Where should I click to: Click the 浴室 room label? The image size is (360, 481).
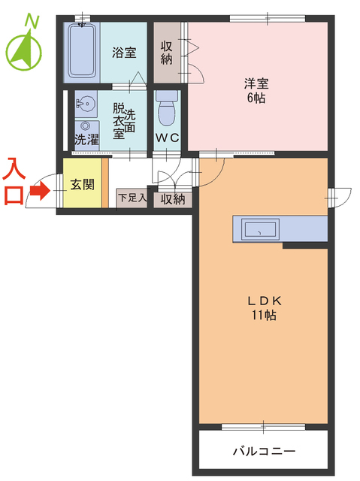pyautogui.click(x=124, y=53)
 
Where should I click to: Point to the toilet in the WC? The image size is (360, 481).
pyautogui.click(x=167, y=111)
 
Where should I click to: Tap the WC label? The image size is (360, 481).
pyautogui.click(x=166, y=138)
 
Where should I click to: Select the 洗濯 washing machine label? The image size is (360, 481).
pyautogui.click(x=86, y=140)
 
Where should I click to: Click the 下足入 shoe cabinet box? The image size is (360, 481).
pyautogui.click(x=132, y=199)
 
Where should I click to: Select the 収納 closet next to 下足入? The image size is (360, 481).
pyautogui.click(x=172, y=199)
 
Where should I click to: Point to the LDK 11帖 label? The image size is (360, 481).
pyautogui.click(x=263, y=307)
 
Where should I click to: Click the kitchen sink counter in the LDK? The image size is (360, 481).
pyautogui.click(x=259, y=230)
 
